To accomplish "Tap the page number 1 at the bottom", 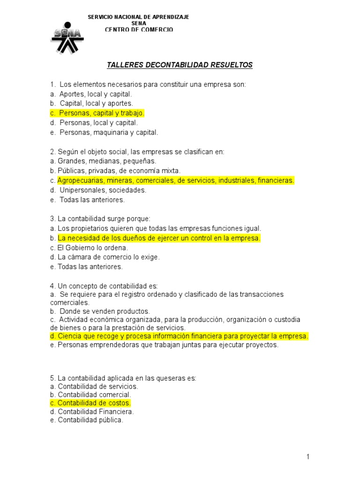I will pos(308,457).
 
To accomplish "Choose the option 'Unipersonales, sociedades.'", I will pos(103,190).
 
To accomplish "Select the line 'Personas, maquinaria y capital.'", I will pos(109,132).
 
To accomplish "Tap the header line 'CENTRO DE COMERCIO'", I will pos(139,30).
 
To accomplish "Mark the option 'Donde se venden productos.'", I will pos(105,311).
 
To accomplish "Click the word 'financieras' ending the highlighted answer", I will pos(276,180).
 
